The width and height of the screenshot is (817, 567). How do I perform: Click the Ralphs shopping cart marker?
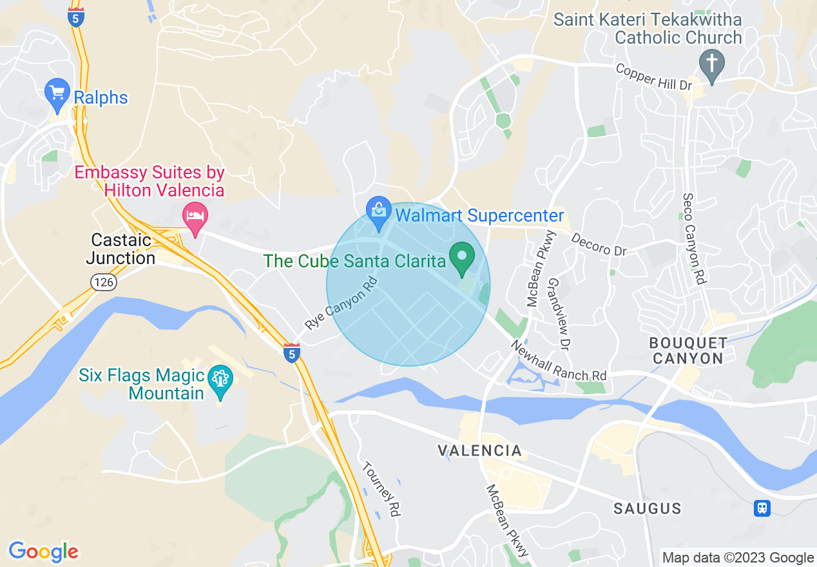[x=57, y=93]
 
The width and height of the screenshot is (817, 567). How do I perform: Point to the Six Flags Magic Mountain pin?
[x=220, y=380]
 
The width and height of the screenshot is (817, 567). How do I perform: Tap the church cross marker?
[x=711, y=63]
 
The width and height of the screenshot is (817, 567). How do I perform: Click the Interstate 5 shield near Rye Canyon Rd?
[x=292, y=352]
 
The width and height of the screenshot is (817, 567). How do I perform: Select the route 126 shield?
[x=103, y=282]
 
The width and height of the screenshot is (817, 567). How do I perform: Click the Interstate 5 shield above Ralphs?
[x=75, y=17]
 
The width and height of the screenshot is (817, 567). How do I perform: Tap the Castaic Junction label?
[x=121, y=249]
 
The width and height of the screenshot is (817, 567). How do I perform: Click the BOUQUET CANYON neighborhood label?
[x=688, y=350]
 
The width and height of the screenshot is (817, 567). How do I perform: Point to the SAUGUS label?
[x=647, y=508]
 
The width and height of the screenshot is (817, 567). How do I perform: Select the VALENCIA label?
[x=479, y=450]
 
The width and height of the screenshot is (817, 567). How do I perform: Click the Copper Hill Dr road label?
[x=654, y=77]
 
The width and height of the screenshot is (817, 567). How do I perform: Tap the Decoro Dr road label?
[x=599, y=244]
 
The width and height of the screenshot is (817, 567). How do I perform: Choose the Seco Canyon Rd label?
[x=695, y=239]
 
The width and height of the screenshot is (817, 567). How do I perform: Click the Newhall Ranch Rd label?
[x=558, y=360]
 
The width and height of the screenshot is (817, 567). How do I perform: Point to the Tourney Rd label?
[x=382, y=489]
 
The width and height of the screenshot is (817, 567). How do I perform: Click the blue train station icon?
[x=762, y=508]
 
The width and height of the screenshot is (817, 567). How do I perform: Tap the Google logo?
[x=43, y=552]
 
